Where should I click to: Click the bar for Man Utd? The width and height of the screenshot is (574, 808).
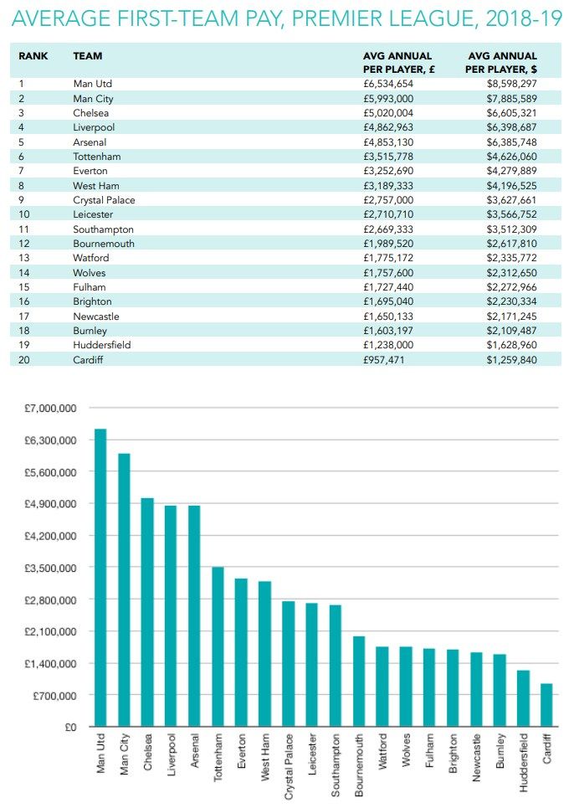click(x=100, y=578)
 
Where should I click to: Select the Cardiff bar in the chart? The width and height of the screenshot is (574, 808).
click(x=546, y=705)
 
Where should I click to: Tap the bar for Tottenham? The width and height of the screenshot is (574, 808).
click(x=218, y=646)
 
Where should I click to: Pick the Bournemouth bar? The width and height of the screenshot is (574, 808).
click(x=359, y=682)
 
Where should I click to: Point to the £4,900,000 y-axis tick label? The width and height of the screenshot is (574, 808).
click(x=50, y=503)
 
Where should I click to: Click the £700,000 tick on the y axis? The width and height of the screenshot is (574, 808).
click(x=54, y=695)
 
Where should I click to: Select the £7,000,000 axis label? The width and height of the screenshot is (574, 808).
click(x=50, y=408)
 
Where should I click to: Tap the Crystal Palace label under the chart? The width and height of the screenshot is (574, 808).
click(x=289, y=767)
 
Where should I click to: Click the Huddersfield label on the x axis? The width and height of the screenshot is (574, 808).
click(x=524, y=763)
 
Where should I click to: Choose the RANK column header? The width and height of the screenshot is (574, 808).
click(x=33, y=55)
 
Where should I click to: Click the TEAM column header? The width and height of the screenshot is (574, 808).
click(x=88, y=55)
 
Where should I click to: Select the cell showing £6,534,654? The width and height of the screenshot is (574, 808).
click(x=388, y=84)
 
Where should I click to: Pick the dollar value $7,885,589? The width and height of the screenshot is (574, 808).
click(x=512, y=99)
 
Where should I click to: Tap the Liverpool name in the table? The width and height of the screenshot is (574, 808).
click(x=94, y=127)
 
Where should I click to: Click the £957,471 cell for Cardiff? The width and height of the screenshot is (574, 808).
click(x=383, y=360)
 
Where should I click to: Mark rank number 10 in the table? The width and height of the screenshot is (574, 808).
click(x=24, y=214)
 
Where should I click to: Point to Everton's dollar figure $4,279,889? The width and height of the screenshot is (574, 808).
click(x=512, y=171)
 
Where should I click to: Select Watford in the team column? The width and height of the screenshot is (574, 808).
click(x=91, y=258)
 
